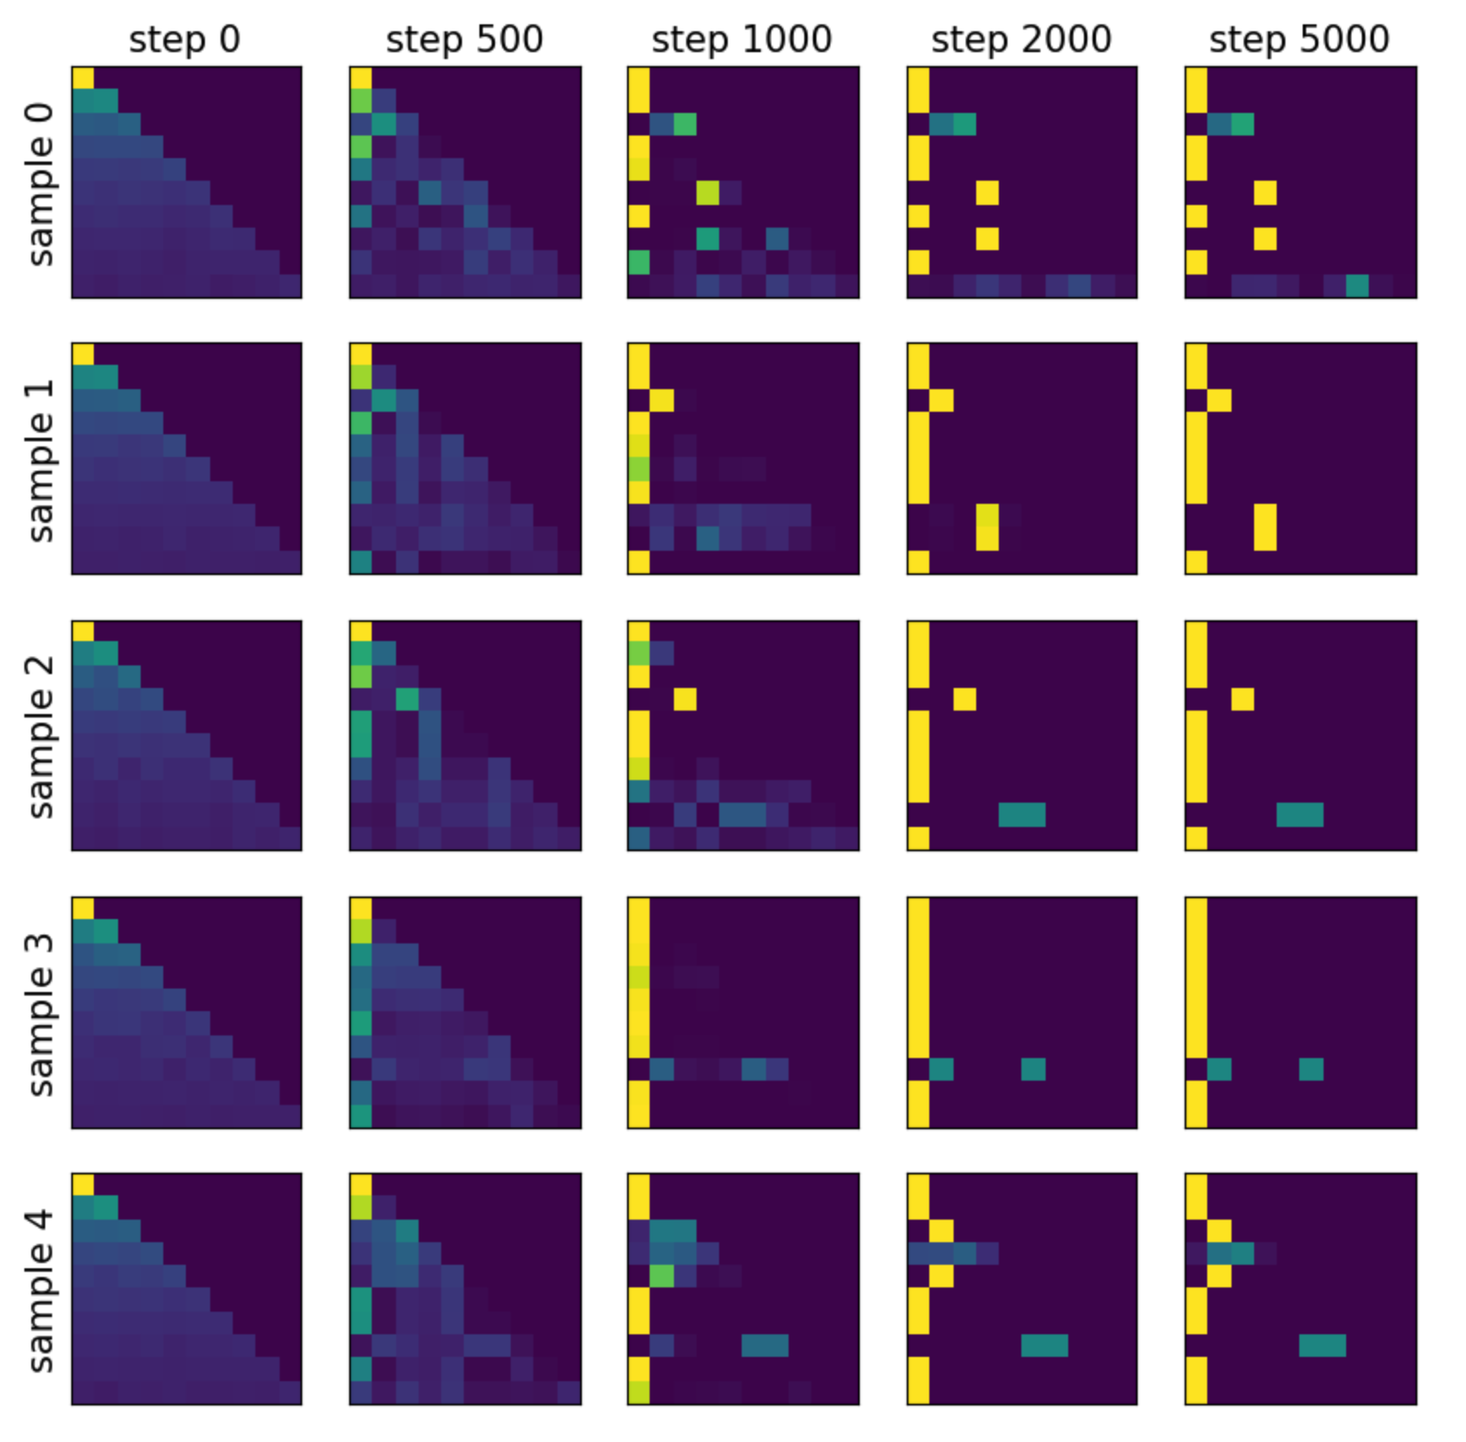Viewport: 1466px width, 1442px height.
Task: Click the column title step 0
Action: (x=184, y=39)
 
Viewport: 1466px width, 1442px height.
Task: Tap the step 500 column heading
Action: (x=464, y=39)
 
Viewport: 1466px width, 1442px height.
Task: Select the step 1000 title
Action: (x=742, y=39)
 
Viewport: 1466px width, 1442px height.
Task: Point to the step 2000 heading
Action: (x=1020, y=39)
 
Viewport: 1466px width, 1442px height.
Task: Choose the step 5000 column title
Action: (x=1299, y=39)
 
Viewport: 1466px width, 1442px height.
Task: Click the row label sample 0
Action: (x=41, y=184)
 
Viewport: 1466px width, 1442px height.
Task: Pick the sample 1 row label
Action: (x=41, y=460)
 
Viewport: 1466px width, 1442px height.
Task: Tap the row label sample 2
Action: (x=41, y=737)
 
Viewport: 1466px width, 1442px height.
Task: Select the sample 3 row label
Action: (x=41, y=1014)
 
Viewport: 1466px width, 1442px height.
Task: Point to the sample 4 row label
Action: (x=41, y=1290)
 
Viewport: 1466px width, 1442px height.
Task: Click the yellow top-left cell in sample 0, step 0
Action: (x=83, y=77)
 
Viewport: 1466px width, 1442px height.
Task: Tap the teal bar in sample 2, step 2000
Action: (x=1021, y=814)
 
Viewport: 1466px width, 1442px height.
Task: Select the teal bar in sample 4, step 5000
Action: (x=1322, y=1345)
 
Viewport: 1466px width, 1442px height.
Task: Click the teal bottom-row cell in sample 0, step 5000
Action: (x=1357, y=285)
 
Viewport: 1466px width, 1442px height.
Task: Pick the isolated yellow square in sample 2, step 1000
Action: (x=684, y=698)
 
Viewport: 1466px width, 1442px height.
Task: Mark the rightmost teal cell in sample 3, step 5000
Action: (x=1311, y=1068)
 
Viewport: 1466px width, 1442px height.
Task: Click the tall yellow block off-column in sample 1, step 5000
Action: (x=1265, y=526)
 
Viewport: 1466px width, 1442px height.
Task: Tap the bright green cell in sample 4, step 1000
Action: (x=662, y=1275)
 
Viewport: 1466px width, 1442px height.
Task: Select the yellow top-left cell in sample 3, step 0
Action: (x=83, y=908)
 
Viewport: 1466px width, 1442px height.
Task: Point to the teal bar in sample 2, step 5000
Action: (x=1299, y=814)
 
